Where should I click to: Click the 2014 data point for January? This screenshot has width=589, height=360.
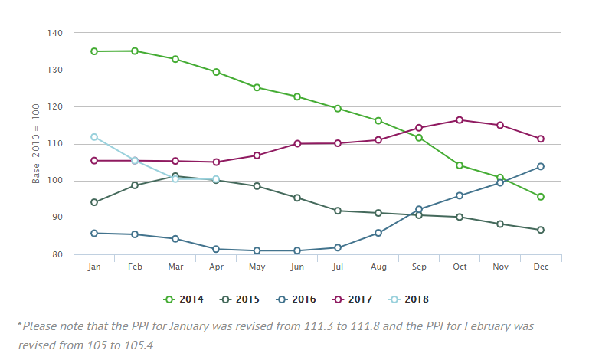[x=94, y=51]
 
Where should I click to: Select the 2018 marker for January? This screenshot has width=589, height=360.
[x=94, y=137]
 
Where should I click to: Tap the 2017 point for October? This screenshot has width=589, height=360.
[x=460, y=120]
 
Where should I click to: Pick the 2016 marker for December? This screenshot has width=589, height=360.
[x=541, y=166]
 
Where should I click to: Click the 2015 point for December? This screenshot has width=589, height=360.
[x=541, y=230]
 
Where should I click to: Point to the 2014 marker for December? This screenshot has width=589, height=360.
[x=541, y=197]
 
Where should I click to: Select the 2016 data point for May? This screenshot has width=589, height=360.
[x=257, y=250]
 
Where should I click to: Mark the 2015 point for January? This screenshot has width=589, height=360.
[x=94, y=202]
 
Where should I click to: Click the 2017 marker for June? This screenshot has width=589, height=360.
[x=297, y=143]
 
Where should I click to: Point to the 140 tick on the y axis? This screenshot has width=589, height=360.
[x=57, y=34]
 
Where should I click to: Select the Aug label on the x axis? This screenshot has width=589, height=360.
[x=378, y=267]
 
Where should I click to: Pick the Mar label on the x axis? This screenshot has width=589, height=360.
[x=175, y=267]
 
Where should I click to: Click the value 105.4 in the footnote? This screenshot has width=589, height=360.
[x=140, y=345]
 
